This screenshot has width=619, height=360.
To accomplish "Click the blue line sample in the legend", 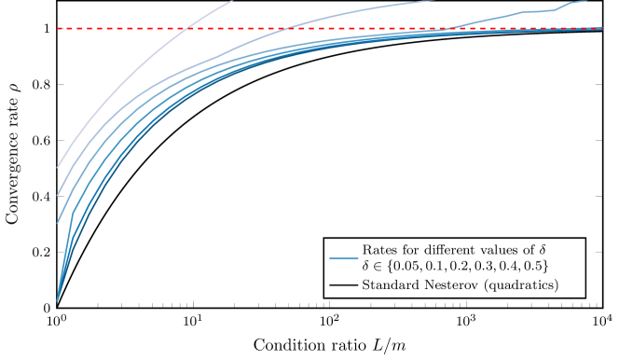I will click(343, 257).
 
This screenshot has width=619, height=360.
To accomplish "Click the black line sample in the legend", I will click(343, 284).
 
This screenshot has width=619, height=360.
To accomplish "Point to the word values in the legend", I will click(504, 250).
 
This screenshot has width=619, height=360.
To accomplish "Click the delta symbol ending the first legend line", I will click(543, 250).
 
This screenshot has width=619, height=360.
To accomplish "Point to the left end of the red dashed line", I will click(59, 29).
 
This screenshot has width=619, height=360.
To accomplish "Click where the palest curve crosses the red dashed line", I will click(189, 29).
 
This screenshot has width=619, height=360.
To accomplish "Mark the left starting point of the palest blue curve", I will click(58, 168).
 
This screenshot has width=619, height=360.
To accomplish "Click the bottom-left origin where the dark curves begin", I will click(58, 301).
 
